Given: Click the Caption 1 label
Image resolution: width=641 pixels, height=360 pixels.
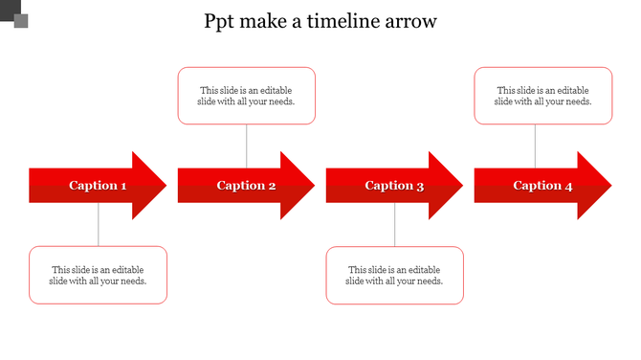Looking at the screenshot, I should coord(98,186).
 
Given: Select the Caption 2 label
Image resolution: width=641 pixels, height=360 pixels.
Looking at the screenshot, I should coord(246,186).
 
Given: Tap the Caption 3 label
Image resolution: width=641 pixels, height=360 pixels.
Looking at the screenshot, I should coord(394,186).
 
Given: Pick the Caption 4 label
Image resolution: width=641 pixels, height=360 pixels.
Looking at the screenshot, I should coord(542,186).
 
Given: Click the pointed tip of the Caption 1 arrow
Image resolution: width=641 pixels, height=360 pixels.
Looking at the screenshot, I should coord(165,186).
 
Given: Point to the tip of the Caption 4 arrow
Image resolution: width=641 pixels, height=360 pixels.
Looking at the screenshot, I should coord(609,186).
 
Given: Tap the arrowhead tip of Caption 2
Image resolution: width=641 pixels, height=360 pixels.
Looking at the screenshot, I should coord(313,186).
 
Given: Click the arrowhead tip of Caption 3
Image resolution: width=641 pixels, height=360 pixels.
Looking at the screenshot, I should coord(461,186).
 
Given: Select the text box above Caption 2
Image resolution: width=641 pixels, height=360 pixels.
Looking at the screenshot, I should coord(247,96).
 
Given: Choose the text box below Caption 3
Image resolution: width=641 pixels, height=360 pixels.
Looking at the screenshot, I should coord(394,276).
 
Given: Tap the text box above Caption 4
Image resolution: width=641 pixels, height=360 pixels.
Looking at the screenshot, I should coord(542,96).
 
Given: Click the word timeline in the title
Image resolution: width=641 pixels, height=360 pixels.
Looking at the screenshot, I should coord(344,21).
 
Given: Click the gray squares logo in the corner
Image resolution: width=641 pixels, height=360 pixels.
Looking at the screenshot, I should coord(15,15).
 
